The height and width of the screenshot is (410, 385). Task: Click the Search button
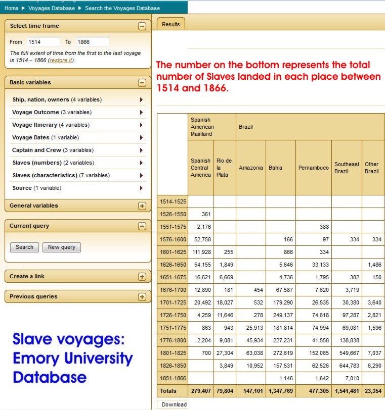(x=24, y=247)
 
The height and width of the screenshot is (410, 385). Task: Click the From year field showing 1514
(x=42, y=42)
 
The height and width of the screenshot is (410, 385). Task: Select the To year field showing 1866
(x=92, y=42)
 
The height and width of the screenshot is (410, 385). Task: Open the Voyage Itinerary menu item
(x=51, y=125)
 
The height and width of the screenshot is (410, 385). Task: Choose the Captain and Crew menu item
(x=53, y=150)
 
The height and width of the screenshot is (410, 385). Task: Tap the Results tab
(x=171, y=24)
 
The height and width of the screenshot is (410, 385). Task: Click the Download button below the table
(x=174, y=404)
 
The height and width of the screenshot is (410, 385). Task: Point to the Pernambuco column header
(x=314, y=168)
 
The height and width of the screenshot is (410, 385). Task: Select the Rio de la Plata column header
(x=224, y=168)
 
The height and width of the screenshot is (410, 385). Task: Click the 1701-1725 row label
(x=173, y=303)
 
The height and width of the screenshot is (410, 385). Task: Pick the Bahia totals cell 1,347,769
(x=280, y=391)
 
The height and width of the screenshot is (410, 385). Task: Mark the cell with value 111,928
(x=200, y=252)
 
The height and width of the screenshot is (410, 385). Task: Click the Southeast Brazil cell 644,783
(x=346, y=366)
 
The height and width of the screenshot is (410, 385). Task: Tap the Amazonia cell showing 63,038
(x=250, y=353)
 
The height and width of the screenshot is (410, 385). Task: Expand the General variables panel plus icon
(x=142, y=206)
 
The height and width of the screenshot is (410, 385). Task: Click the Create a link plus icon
(x=142, y=277)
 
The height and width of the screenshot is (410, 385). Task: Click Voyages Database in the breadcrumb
(x=52, y=8)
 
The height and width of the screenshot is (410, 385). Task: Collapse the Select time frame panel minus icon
(x=142, y=26)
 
